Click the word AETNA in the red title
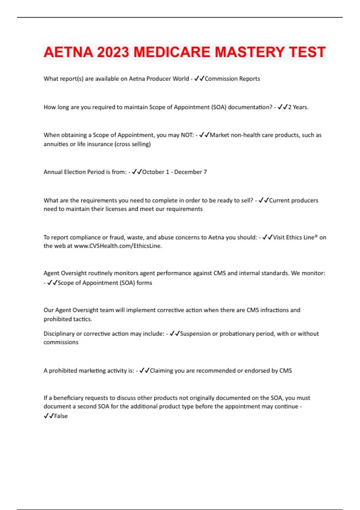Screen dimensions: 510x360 coord(68,52)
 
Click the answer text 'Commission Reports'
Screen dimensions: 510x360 coord(232,79)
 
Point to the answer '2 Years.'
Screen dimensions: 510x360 coord(298,107)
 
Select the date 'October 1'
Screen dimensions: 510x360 coord(155,172)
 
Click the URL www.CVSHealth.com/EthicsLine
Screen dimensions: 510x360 coord(118,246)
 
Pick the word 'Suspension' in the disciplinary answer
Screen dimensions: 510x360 coord(195,334)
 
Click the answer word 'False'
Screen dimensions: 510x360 coord(61,416)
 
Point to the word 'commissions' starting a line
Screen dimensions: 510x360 coord(61,342)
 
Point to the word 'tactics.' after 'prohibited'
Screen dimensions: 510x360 coord(83,319)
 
